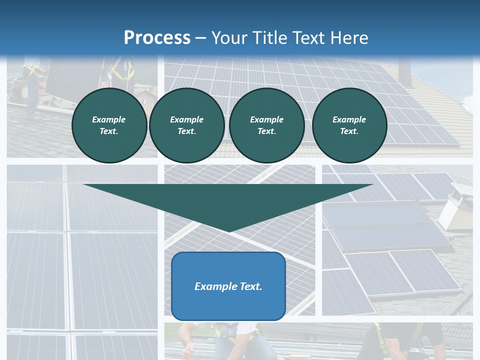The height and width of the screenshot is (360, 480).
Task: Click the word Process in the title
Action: (157, 37)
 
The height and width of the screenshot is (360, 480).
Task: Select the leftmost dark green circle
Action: (109, 125)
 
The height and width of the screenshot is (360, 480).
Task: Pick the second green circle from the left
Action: (187, 125)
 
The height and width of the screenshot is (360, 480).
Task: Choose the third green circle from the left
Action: (266, 125)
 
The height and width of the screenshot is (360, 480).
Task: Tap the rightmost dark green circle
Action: (349, 125)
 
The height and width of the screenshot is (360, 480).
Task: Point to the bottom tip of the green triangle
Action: (229, 231)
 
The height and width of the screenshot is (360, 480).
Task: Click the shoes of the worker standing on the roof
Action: (34, 115)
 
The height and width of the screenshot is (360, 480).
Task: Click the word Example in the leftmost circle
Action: (108, 119)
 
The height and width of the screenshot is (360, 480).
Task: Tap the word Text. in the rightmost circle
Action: (349, 131)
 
